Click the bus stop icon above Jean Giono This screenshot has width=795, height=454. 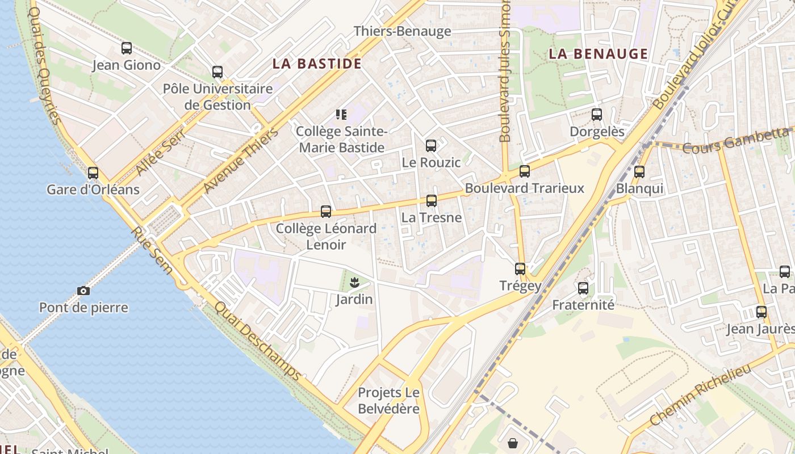click(x=127, y=48)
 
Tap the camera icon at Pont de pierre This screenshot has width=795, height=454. click(x=83, y=291)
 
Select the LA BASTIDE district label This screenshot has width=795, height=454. click(x=317, y=64)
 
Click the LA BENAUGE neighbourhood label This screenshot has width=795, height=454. click(x=599, y=54)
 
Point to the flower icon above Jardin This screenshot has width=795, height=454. click(x=354, y=281)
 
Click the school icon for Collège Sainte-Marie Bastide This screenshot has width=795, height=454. click(x=341, y=115)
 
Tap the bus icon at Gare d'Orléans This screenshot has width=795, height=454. click(x=93, y=173)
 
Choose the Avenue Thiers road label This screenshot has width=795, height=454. click(x=241, y=161)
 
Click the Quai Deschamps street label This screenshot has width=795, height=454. click(x=258, y=340)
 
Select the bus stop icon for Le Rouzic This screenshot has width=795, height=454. click(x=431, y=146)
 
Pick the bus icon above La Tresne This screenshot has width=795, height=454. click(x=432, y=200)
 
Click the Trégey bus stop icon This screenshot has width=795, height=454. click(x=520, y=269)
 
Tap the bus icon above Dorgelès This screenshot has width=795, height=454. click(x=597, y=115)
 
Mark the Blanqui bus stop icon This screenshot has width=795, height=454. click(x=639, y=171)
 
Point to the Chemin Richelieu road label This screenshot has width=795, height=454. click(x=700, y=394)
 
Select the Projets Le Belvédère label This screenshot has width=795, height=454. click(x=389, y=401)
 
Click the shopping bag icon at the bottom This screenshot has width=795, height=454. click(x=513, y=443)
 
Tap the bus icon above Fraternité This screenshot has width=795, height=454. click(x=583, y=288)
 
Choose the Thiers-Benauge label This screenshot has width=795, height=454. click(x=403, y=31)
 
